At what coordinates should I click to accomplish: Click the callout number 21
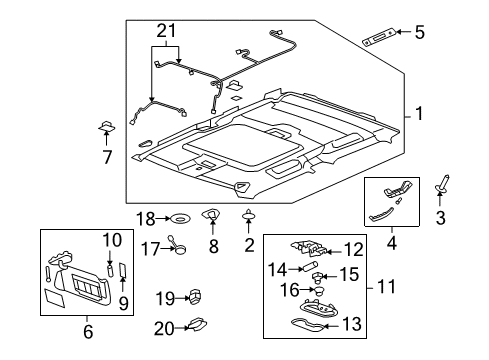(164, 31)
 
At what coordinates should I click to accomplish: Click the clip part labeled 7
(107, 128)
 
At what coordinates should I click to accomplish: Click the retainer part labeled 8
(211, 216)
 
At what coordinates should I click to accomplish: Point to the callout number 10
(109, 239)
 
